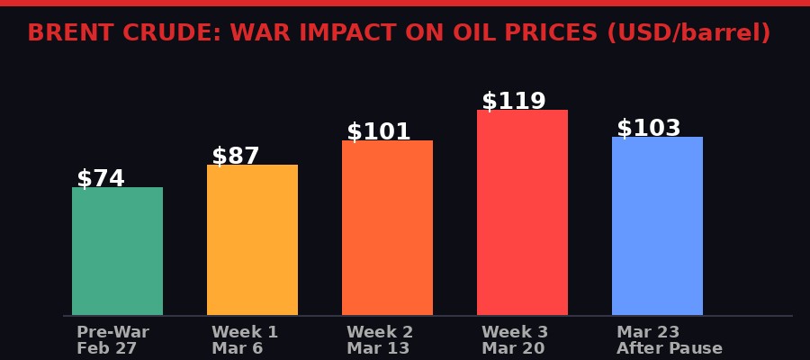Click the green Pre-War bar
(x=117, y=251)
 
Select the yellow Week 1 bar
(x=252, y=239)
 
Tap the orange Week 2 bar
(x=387, y=228)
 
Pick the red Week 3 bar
(x=522, y=212)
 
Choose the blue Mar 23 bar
(x=657, y=226)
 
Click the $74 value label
(x=101, y=179)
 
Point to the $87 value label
(x=236, y=157)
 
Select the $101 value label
(x=379, y=132)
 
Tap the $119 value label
(x=514, y=102)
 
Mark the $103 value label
(x=649, y=129)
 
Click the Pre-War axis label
(x=112, y=332)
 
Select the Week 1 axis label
(x=245, y=332)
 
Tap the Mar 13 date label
(x=378, y=348)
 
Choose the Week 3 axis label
(x=515, y=332)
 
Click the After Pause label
(x=670, y=348)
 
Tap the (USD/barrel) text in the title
(x=688, y=33)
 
